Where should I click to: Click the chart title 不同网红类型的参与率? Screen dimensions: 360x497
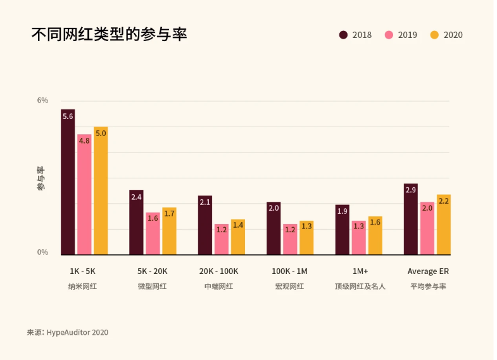pos(109,34)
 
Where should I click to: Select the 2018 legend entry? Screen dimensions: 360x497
pos(355,35)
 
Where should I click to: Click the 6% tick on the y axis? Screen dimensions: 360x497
pos(42,101)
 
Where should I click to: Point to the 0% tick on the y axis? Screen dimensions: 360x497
pos(42,252)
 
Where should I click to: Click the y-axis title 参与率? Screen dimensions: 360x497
pos(41,178)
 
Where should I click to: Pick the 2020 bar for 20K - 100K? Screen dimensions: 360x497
pos(238,237)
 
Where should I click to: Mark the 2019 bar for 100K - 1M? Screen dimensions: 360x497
pos(290,240)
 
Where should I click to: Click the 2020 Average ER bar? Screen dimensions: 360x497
pos(444,225)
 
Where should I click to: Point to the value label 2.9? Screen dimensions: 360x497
pos(410,190)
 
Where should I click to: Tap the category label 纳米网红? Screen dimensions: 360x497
pos(83,287)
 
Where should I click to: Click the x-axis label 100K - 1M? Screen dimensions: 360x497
pos(289,271)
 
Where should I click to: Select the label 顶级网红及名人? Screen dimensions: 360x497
pos(360,287)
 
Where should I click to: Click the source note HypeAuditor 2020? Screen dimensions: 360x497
pos(68,332)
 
